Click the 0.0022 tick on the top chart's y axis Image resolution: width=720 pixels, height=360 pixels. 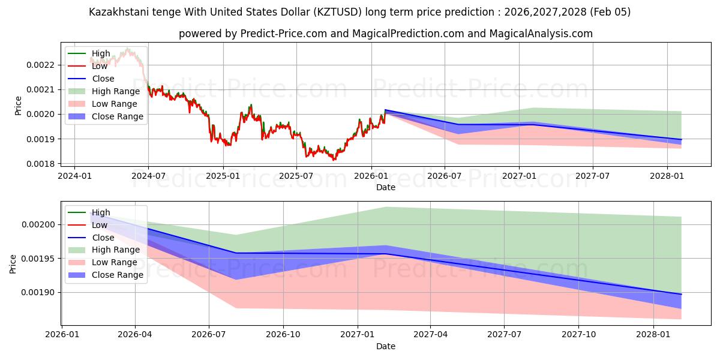coord(41,65)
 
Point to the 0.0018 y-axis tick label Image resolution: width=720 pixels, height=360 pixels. coord(41,164)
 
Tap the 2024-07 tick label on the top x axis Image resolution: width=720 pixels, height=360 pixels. coord(148,176)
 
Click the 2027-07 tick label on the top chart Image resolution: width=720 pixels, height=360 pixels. coord(593,176)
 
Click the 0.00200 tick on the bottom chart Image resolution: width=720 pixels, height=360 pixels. coord(39,225)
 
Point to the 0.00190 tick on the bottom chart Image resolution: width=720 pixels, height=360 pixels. coord(39,293)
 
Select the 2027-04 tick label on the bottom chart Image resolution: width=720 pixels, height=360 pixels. coord(431,335)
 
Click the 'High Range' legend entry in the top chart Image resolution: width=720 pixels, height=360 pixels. coord(116,91)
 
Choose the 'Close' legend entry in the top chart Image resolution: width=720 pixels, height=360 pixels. coord(103,79)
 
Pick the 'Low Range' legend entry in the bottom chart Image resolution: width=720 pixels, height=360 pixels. coord(115,262)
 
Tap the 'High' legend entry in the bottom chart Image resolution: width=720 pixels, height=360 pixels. coord(101,212)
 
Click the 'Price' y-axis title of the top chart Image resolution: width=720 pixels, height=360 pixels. coord(18,106)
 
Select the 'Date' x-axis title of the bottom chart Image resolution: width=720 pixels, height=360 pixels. coord(386,346)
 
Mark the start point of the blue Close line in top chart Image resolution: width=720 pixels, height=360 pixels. coord(385,110)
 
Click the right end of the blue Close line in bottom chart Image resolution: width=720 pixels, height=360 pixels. coord(681,294)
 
